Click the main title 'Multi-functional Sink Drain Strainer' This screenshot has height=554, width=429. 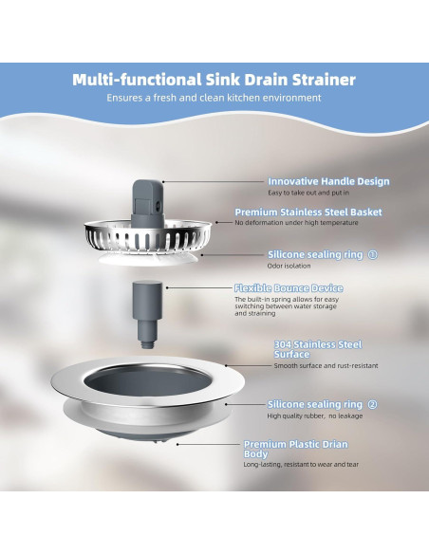214,80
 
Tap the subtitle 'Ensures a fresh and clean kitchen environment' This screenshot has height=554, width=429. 214,98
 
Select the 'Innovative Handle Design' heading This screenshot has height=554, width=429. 328,181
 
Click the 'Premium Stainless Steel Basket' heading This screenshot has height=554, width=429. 308,212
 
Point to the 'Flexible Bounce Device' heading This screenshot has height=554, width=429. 289,288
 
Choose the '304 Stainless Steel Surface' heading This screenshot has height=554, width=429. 318,349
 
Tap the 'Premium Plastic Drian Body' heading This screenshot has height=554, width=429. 296,449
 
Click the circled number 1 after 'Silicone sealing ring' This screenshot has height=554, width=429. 372,254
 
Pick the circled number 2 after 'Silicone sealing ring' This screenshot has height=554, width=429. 372,404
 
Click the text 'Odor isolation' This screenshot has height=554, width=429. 289,266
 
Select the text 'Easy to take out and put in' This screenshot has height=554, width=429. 308,193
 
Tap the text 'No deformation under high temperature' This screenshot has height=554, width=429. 296,223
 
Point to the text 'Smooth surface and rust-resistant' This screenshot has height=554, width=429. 326,365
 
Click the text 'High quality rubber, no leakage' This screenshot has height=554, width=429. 315,415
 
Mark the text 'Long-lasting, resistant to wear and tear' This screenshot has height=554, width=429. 301,464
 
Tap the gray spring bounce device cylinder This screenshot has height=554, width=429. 147,314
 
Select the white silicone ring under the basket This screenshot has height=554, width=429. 148,259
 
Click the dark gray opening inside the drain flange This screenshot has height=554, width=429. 148,382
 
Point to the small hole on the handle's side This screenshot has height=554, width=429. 158,204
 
